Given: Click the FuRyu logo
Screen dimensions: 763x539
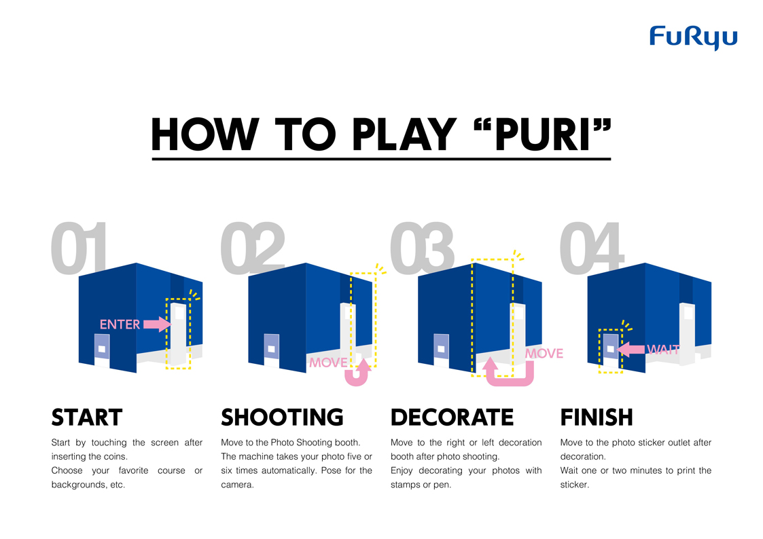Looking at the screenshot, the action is (694, 37).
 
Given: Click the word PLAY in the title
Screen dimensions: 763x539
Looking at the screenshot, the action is (404, 134).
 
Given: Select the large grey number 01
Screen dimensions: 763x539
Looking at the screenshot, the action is (79, 248).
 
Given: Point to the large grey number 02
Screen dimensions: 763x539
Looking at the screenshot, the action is (253, 248).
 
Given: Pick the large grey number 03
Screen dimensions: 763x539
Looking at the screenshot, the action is (422, 248).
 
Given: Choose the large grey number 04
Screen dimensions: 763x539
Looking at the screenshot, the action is (592, 248).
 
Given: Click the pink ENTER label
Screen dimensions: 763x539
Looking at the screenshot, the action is (120, 324).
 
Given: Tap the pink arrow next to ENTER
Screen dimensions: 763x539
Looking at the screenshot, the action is (157, 324).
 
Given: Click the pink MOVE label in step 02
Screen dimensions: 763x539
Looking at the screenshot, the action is (328, 363).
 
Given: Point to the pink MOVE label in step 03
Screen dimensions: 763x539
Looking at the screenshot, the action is (544, 354).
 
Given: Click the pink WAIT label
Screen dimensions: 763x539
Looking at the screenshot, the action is (663, 349).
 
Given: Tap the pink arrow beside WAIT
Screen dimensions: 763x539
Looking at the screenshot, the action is (631, 349).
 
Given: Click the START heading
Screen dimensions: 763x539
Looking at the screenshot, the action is (86, 417).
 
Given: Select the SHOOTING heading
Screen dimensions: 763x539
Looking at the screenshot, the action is (282, 417).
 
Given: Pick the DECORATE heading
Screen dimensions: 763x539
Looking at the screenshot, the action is (452, 417).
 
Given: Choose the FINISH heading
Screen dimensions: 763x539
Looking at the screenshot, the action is (597, 417).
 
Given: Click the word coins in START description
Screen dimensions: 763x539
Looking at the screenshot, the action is (115, 456).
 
